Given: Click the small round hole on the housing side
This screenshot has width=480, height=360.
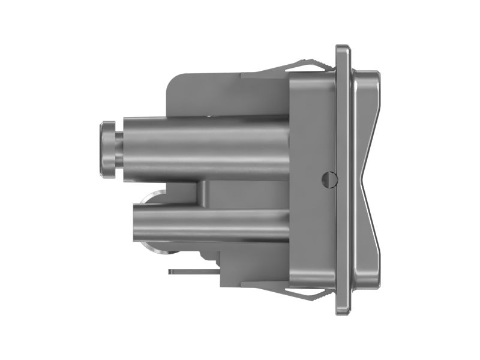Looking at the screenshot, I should coord(328,179).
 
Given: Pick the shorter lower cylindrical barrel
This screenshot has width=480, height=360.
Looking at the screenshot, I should coord(210,223).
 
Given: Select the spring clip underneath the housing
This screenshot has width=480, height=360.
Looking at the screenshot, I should coord(309,293).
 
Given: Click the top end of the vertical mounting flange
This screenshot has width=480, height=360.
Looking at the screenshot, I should coord(343,51).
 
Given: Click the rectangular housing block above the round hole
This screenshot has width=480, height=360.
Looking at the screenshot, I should coord(312,120).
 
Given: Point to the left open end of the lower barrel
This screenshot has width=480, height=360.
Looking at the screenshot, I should coord(137,223).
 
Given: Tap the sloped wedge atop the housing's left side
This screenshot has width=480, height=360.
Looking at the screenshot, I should coord(264,74).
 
